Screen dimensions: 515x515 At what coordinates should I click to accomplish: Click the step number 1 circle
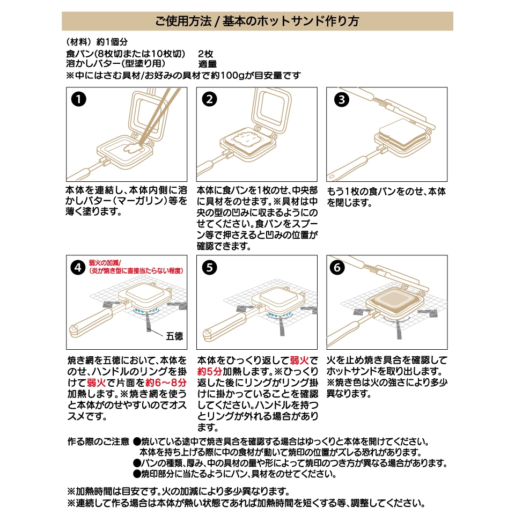(79, 99)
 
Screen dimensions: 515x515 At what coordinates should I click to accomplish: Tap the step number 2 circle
(209, 99)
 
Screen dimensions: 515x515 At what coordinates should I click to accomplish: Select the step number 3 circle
(340, 99)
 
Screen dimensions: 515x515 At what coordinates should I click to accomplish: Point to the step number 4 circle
(79, 267)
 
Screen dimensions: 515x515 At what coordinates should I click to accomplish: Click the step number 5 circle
(209, 267)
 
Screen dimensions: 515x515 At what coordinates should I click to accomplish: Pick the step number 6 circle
(340, 267)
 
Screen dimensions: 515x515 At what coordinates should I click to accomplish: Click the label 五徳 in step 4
(174, 336)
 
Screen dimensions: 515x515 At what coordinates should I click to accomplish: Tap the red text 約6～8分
(167, 383)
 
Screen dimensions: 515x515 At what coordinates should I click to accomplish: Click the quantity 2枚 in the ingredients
(205, 54)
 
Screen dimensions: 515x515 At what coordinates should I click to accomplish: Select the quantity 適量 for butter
(207, 64)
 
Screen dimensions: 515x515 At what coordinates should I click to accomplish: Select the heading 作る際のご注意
(98, 442)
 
